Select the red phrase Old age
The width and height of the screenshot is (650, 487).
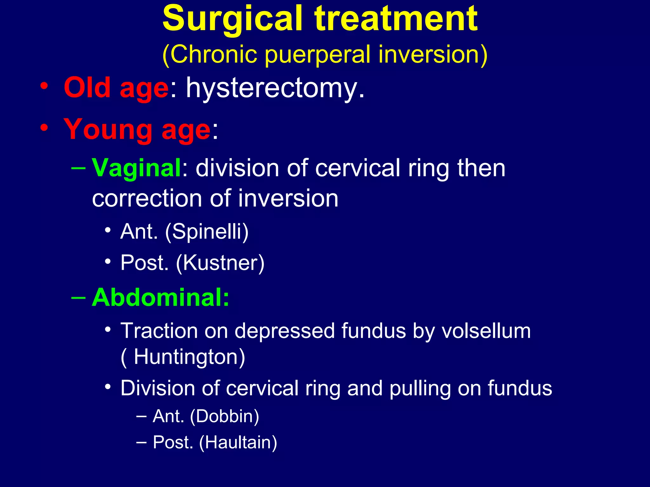tap(116, 88)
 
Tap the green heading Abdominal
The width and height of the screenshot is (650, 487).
tap(160, 298)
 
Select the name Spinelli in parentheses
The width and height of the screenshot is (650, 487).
tap(207, 231)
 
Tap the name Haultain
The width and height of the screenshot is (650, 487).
tap(238, 442)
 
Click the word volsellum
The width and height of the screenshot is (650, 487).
tap(486, 331)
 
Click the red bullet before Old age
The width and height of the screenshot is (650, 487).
tap(44, 86)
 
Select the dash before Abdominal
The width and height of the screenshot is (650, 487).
tap(78, 298)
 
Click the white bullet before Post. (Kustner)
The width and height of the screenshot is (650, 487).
tap(108, 262)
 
